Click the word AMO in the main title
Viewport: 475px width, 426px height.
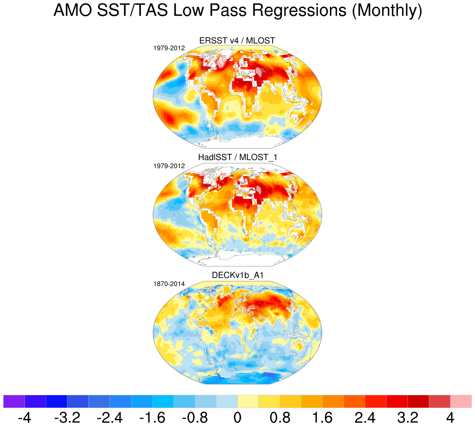[x=73, y=11]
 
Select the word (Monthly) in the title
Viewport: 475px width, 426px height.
[x=387, y=11]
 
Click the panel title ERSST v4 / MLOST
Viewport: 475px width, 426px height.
[x=237, y=40]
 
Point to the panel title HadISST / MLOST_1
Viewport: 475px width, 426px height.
[x=237, y=157]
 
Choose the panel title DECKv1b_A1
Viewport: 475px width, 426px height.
[x=237, y=275]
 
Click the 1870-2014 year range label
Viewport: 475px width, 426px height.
[x=169, y=284]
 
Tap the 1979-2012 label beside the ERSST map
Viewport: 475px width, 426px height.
[x=169, y=48]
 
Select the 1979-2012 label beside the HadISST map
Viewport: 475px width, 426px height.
[x=169, y=166]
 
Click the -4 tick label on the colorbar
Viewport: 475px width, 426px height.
[x=24, y=417]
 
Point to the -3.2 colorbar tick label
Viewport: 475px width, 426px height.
[x=67, y=417]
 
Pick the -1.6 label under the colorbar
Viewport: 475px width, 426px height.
[x=152, y=417]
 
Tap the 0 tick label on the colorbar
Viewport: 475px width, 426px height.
[x=237, y=417]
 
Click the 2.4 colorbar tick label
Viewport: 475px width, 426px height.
[x=365, y=417]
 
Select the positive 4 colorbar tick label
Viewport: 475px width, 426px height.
[x=451, y=417]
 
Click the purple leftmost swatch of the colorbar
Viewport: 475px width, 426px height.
[x=14, y=401]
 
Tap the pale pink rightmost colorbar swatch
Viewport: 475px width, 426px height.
[x=461, y=401]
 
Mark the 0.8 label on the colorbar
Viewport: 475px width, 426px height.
[x=280, y=417]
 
